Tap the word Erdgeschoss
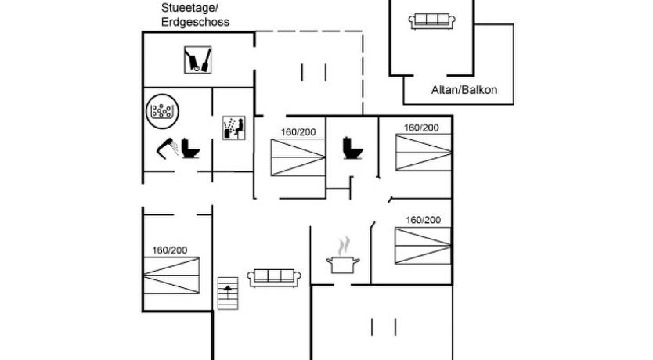click(195, 23)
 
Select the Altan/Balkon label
click(464, 89)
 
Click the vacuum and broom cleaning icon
click(198, 60)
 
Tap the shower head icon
click(167, 146)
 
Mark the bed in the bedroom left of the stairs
click(171, 276)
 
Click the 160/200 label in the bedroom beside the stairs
click(170, 250)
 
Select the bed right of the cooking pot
click(423, 246)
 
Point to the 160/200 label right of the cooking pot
click(423, 220)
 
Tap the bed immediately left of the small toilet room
click(298, 157)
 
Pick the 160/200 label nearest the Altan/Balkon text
click(421, 127)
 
